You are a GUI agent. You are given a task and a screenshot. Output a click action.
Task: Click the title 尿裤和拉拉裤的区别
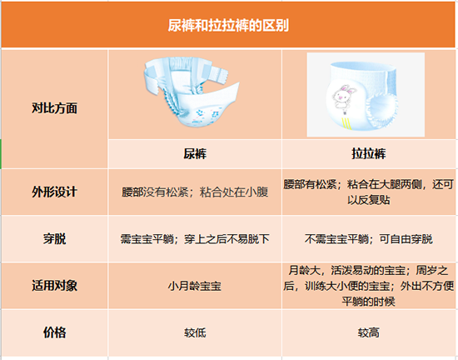point(228,26)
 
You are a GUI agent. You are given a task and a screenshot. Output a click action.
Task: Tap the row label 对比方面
point(54,108)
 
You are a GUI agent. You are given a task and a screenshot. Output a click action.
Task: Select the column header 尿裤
point(195,153)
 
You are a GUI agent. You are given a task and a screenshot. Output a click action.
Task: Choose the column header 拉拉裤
point(369,153)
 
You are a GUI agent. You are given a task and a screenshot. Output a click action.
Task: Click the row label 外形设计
point(54,192)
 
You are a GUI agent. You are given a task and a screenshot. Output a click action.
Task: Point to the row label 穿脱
point(54,238)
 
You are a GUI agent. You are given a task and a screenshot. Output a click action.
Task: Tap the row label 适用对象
point(54,286)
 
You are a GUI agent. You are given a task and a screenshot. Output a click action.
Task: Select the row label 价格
point(54,332)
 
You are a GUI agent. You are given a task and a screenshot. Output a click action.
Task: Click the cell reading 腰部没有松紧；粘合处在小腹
point(195,192)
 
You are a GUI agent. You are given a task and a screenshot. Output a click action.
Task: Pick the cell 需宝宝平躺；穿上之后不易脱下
point(195,239)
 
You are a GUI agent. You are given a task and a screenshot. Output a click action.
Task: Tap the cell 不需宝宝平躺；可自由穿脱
point(369,239)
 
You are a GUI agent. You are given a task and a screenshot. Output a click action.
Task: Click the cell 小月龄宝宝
point(195,286)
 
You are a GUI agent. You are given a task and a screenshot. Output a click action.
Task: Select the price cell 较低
point(195,332)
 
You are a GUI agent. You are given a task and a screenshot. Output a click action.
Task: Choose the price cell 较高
point(369,332)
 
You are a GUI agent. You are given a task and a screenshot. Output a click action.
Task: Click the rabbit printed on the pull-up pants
point(344,96)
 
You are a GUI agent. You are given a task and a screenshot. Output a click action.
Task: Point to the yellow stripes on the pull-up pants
point(346,122)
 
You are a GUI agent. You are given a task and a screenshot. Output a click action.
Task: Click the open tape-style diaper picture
point(192,92)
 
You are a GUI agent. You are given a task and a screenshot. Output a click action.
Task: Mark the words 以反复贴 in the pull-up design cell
point(369,200)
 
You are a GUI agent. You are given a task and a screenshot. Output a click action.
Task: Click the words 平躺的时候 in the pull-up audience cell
point(369,302)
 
